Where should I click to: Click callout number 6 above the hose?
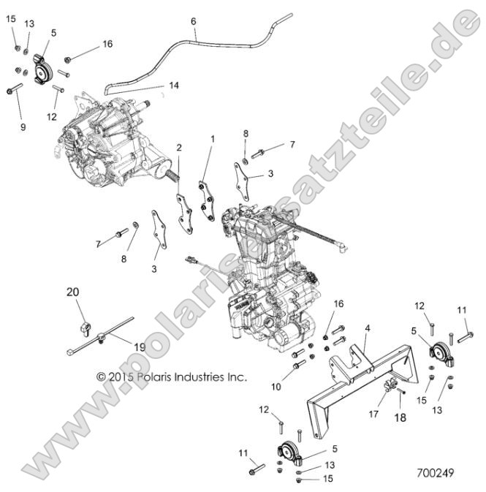(194, 21)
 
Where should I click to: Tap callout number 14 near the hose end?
(173, 86)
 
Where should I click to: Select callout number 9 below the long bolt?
(23, 126)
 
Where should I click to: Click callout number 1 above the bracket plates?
(213, 138)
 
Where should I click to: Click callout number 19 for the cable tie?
(139, 345)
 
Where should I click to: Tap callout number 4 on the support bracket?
(368, 328)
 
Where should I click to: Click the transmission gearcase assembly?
(110, 135)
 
